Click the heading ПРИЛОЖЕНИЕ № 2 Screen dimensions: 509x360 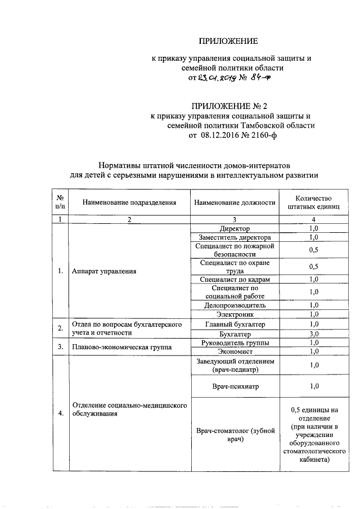coord(228,106)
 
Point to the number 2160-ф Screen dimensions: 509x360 coord(264,136)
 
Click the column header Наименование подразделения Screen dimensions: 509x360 coord(129,202)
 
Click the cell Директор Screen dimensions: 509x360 coord(235,229)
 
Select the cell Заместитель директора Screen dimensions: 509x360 coord(235,237)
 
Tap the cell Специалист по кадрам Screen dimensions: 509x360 coord(235,280)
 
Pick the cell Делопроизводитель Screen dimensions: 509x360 coord(235,305)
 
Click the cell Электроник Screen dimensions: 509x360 coord(235,314)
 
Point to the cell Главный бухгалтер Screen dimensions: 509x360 coord(235,325)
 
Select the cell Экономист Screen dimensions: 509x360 coord(235,352)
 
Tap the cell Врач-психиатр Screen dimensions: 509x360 coord(235,386)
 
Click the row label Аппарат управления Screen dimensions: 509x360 coord(105,271)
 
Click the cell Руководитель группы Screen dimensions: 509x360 coord(235,343)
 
